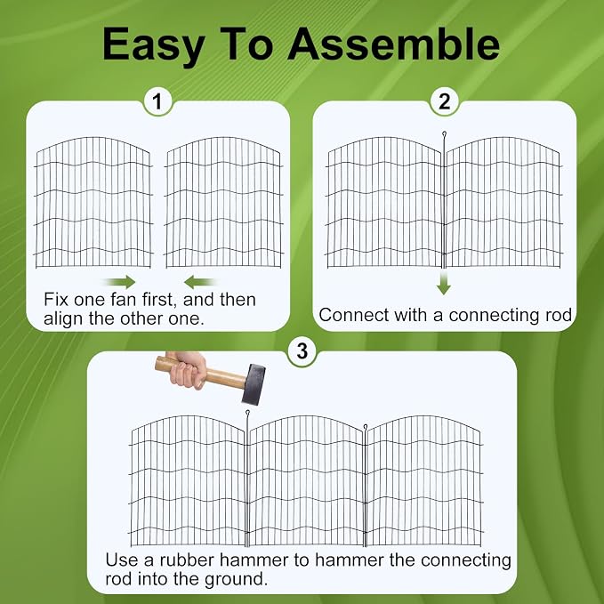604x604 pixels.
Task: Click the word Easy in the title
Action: (153, 45)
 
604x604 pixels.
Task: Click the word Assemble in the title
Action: (393, 44)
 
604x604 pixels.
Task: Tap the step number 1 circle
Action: (157, 101)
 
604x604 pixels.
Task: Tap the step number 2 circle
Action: (445, 101)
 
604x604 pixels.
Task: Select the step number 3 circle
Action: (302, 351)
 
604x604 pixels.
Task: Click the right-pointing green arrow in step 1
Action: (120, 282)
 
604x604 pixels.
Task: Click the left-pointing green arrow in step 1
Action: (199, 282)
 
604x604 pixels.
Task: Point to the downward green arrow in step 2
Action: (444, 282)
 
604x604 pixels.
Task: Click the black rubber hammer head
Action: (254, 384)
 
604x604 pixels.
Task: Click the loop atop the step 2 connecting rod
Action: (444, 133)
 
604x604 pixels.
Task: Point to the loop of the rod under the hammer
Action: (247, 413)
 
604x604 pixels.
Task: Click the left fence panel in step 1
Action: (93, 202)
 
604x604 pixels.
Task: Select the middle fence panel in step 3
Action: (306, 480)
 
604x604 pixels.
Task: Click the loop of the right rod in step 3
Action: (366, 426)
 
